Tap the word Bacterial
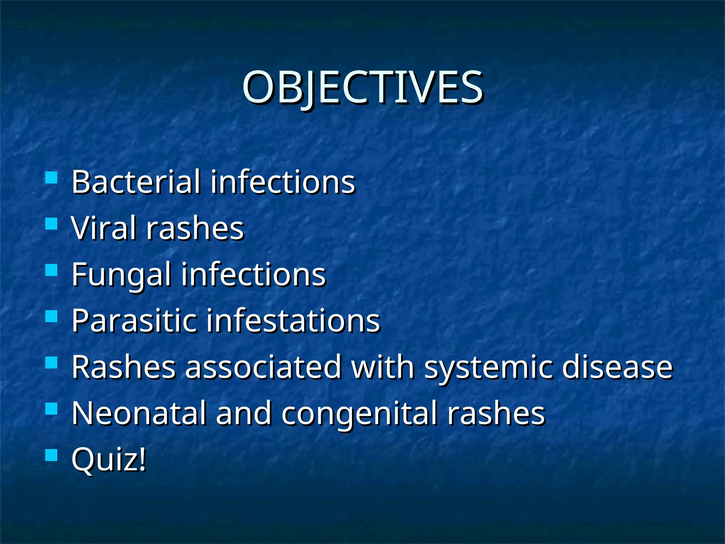coord(136,182)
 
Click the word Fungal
coord(122,275)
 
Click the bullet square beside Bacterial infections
coord(52,177)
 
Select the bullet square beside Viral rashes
coord(52,224)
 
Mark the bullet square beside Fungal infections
coord(52,270)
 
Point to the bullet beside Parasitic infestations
coord(52,316)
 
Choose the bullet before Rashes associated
coord(52,363)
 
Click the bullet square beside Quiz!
coord(52,455)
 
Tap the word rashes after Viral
coord(195,228)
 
